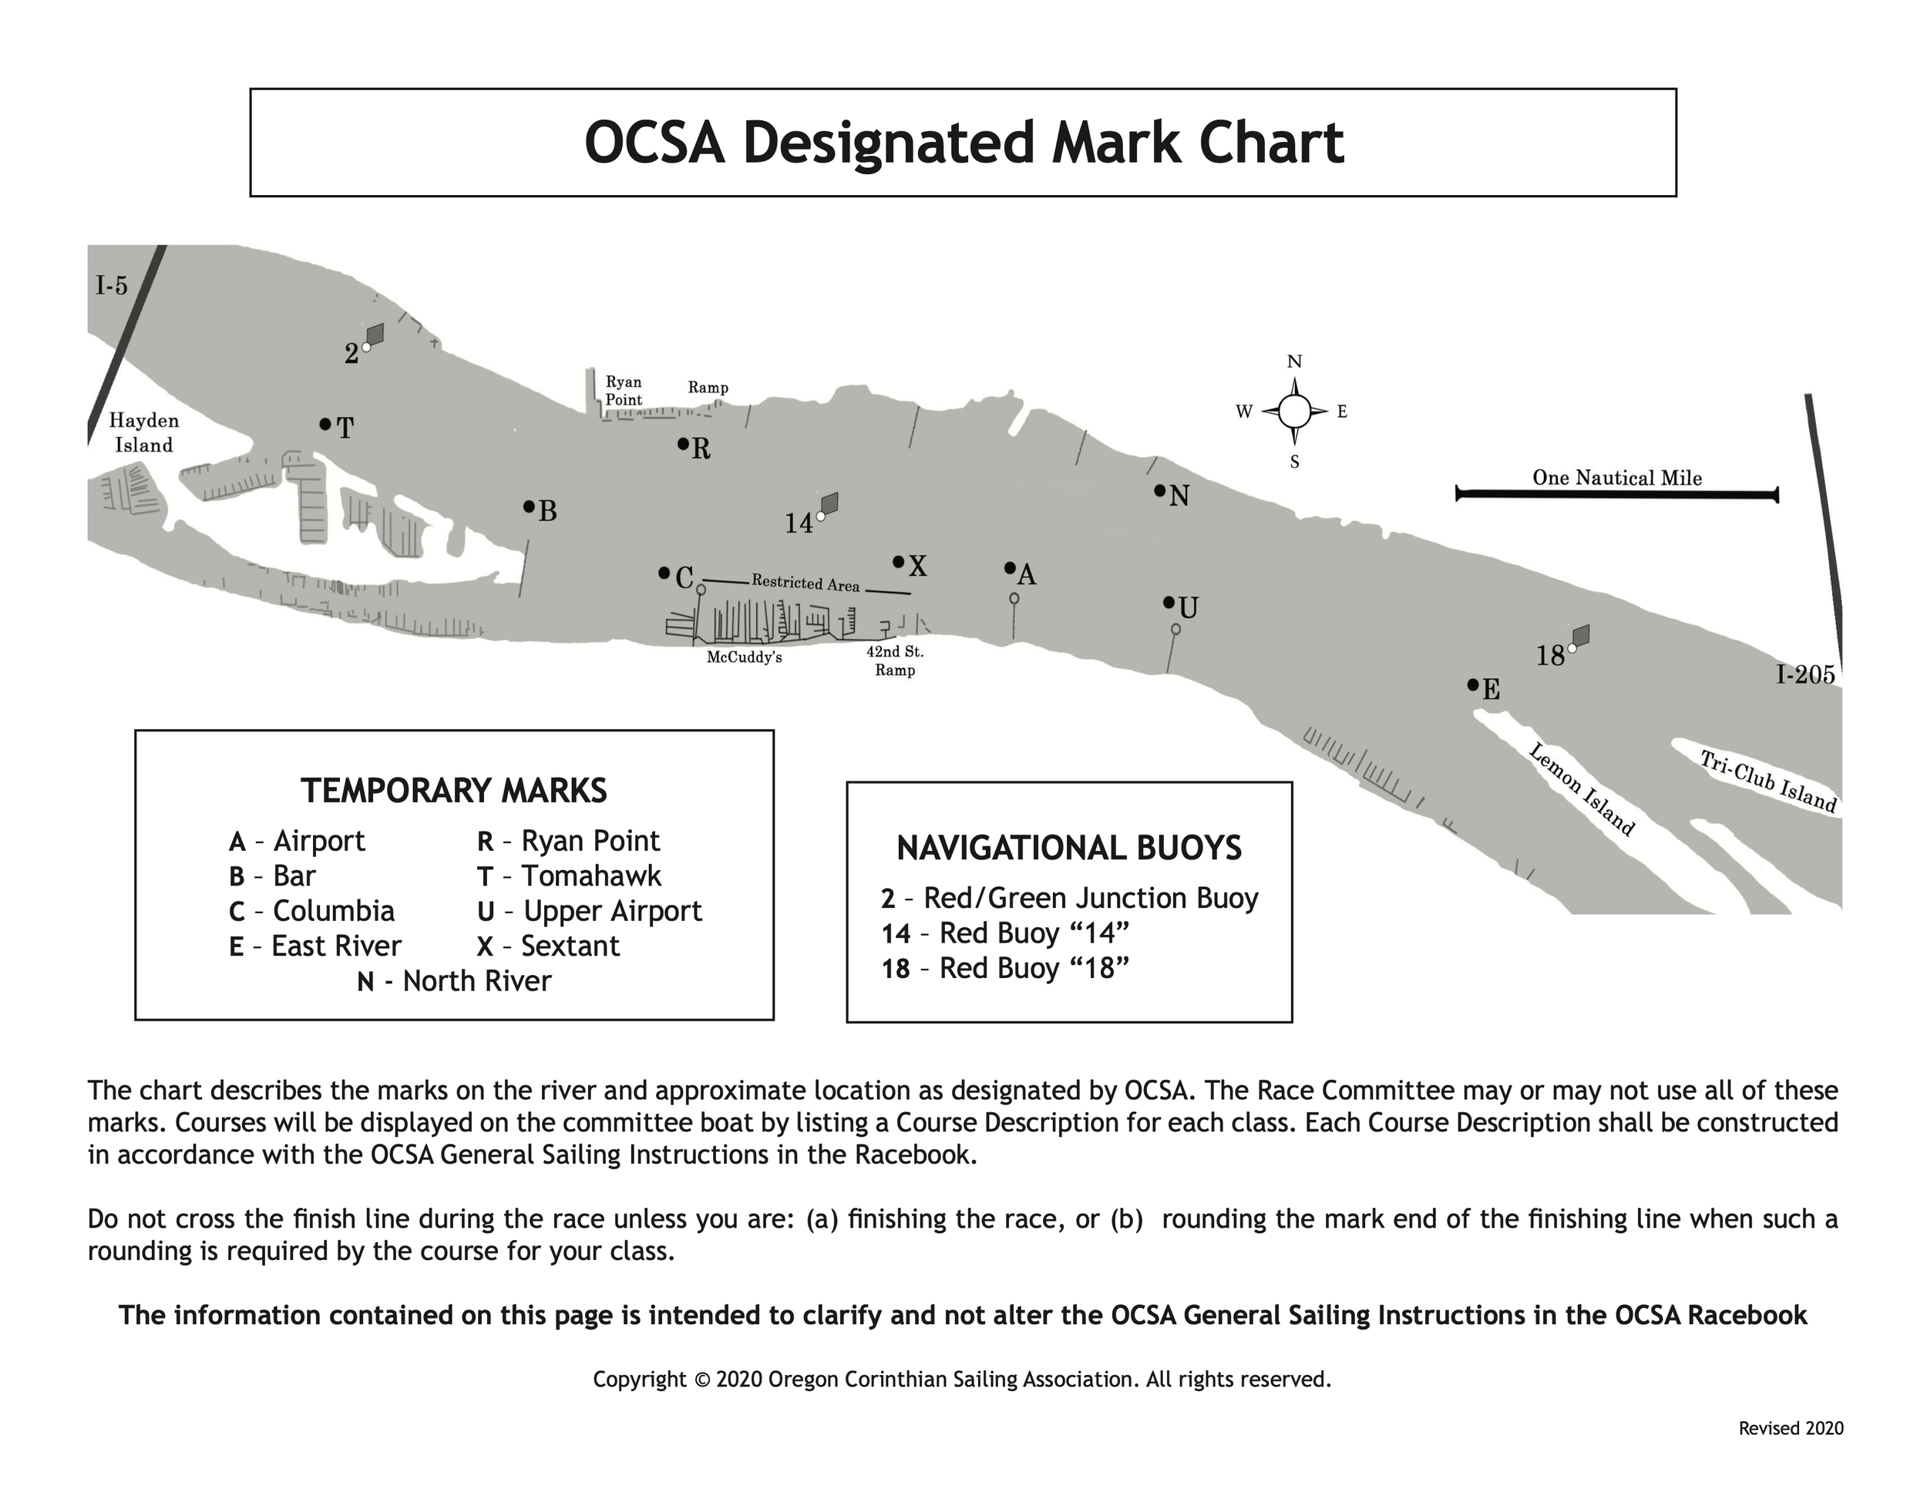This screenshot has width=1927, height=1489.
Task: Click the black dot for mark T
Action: pos(325,425)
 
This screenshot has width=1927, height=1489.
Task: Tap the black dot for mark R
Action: pos(682,444)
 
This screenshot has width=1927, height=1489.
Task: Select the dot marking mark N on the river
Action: pos(1159,490)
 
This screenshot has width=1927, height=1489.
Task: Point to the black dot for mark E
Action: pos(1471,684)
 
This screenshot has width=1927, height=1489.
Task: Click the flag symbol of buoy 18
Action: pos(1580,635)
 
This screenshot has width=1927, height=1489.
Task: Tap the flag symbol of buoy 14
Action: pos(829,502)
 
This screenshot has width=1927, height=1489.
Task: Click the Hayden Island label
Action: pos(144,432)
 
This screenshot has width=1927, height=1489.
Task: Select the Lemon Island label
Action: pos(1581,788)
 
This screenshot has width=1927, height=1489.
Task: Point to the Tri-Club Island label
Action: pos(1768,781)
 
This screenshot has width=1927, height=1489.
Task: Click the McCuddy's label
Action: pos(744,657)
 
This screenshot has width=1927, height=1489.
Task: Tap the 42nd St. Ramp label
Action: pos(895,660)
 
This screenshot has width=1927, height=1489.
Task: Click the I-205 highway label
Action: pos(1805,675)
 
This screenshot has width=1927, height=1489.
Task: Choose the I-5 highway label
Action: pos(112,285)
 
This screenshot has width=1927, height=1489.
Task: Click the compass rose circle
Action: pos(1294,411)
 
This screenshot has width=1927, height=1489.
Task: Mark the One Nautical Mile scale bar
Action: pos(1616,495)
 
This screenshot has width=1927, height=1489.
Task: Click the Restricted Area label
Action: pos(805,583)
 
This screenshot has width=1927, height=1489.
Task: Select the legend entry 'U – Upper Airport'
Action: pos(590,910)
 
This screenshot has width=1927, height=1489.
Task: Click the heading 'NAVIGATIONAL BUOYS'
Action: pos(1068,848)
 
